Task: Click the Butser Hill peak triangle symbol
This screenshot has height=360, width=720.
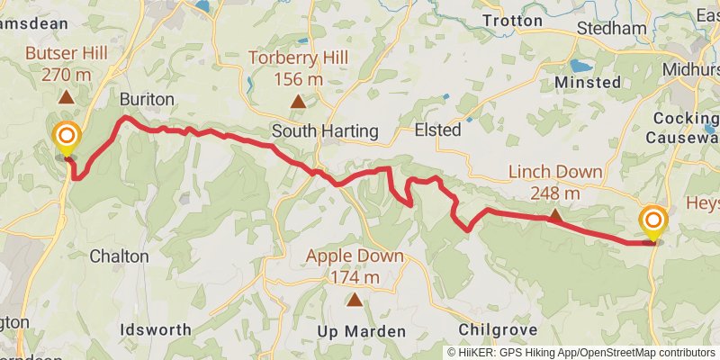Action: point(67,96)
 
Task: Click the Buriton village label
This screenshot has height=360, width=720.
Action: point(146,99)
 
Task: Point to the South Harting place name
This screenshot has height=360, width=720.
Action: point(325,131)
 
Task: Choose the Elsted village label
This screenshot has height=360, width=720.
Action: point(437,130)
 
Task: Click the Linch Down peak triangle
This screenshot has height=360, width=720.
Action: point(555,216)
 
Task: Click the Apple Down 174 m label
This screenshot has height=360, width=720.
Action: point(355,265)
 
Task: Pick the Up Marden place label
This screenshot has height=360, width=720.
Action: point(362,331)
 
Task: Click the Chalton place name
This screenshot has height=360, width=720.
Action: point(119,256)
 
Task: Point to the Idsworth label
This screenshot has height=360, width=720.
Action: point(156,329)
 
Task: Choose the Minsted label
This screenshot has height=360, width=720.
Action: point(588,82)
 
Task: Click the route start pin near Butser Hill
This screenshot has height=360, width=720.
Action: point(67,139)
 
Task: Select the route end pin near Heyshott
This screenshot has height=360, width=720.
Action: point(652,221)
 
